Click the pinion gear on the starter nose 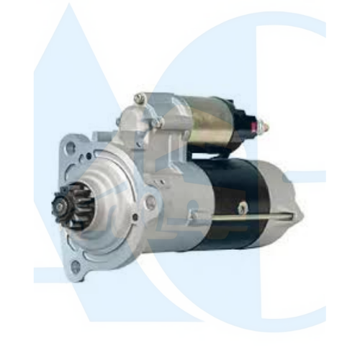72,206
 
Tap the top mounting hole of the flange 70,146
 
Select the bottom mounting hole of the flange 76,266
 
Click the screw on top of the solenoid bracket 139,98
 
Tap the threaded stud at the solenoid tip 265,127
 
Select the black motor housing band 232,204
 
